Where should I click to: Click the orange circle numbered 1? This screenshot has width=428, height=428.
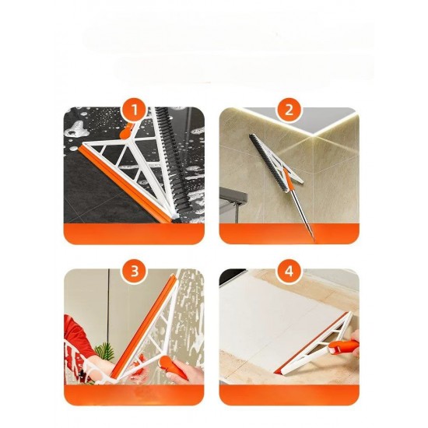pos(135,110)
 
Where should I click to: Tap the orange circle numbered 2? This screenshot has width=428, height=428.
pos(289,110)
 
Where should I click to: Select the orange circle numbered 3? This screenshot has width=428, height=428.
pos(135,272)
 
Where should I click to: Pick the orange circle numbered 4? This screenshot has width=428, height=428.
pos(289,272)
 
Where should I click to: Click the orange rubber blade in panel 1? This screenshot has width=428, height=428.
pos(125,184)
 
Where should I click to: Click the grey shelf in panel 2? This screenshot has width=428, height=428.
pos(233,196)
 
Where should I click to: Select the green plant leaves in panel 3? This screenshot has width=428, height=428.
pos(103,352)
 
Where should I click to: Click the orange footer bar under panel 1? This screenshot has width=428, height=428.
pos(134,233)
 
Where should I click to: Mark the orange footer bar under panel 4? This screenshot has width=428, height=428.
pos(289,395)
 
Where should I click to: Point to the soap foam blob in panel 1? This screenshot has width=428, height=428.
pos(78,130)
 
